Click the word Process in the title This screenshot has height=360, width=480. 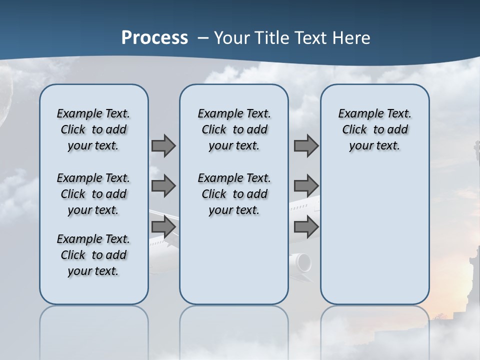point(154,38)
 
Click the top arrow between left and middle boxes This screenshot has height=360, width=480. point(163,146)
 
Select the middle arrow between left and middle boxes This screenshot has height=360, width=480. point(163,186)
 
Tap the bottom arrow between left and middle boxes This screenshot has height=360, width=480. point(163,226)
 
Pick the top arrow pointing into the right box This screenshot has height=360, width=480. point(306,146)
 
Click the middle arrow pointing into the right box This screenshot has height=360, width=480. point(306,186)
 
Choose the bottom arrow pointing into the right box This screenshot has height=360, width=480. point(306,226)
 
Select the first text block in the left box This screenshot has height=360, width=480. point(93,129)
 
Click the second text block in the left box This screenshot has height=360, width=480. point(93,194)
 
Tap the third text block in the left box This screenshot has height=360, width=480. point(93,255)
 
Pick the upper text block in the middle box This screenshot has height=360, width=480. point(234,129)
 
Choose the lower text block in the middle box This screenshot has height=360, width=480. point(234,194)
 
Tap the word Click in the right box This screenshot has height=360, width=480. point(354,130)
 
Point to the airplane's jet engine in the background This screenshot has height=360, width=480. point(301,262)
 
